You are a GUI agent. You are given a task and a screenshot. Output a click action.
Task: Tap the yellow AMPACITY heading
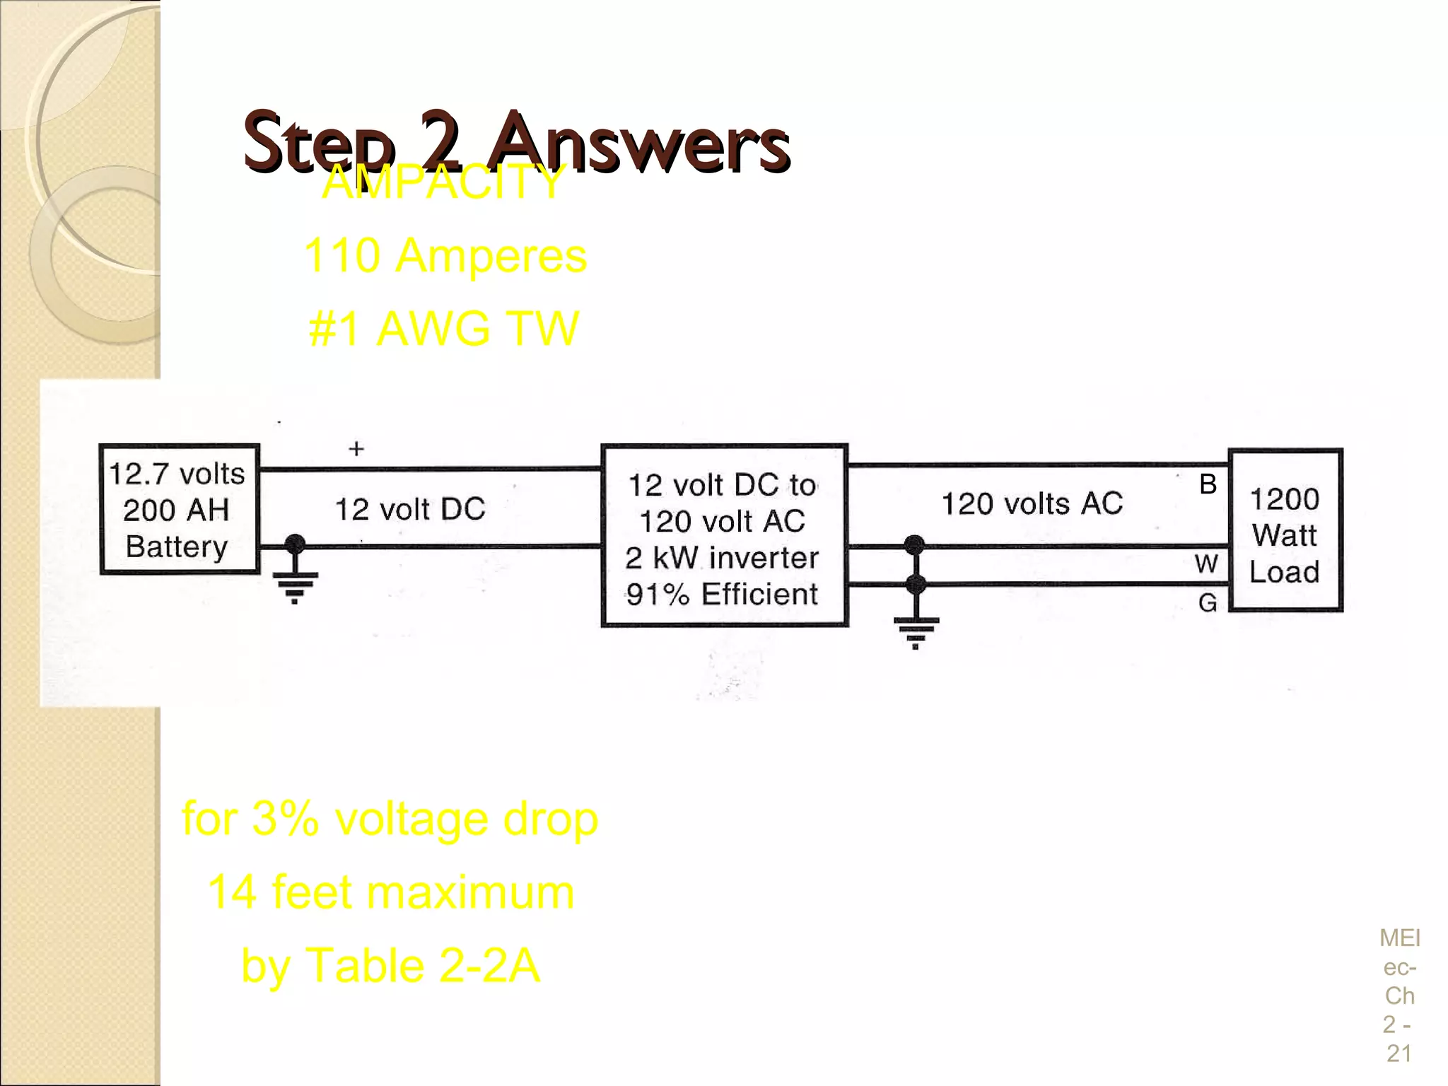click(x=443, y=182)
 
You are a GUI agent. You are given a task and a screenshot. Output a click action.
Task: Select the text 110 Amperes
click(x=445, y=255)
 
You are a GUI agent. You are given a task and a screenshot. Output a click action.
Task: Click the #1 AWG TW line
click(x=443, y=329)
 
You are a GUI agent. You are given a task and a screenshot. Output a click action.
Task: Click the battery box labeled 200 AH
click(x=179, y=509)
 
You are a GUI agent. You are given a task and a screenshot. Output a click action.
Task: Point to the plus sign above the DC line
click(x=356, y=448)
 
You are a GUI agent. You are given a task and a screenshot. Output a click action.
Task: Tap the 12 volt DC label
click(x=409, y=509)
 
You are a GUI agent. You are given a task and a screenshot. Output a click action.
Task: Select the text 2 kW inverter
click(x=721, y=558)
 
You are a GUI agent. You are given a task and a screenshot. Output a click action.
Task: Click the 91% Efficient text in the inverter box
click(x=721, y=594)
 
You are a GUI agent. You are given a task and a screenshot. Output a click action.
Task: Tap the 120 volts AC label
click(x=1032, y=503)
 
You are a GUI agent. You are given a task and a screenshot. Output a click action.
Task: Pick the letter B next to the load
click(x=1208, y=484)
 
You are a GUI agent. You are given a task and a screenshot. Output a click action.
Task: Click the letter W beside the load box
click(x=1206, y=564)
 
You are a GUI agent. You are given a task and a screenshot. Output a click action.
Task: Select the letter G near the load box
click(x=1207, y=602)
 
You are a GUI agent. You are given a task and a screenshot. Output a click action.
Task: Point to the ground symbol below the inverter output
click(x=916, y=631)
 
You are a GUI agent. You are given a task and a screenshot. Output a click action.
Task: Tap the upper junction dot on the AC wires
click(x=914, y=545)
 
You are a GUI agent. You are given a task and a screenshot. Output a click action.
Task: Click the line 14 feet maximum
click(x=390, y=892)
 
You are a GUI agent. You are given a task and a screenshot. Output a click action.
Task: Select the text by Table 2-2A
click(x=390, y=965)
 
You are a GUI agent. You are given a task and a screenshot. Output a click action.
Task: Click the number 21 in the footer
click(x=1399, y=1053)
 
